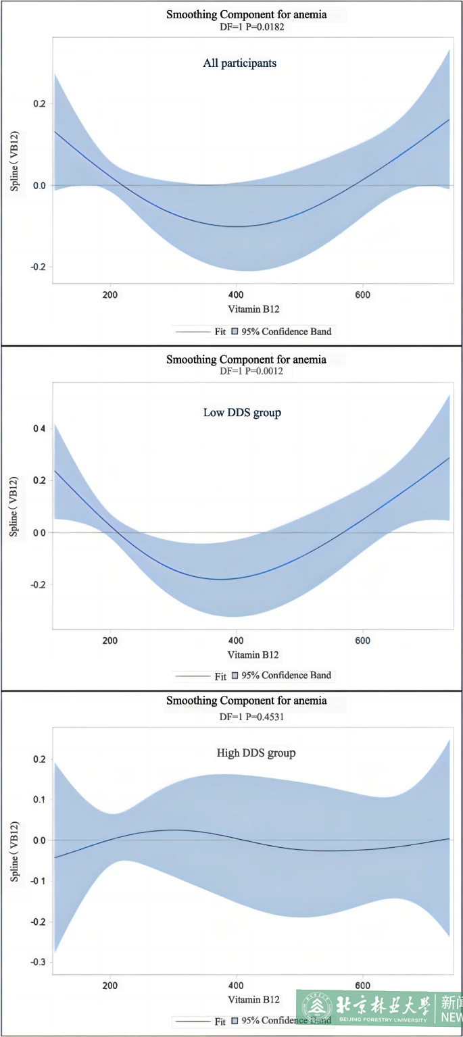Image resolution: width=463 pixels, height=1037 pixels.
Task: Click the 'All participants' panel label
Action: [x=239, y=64]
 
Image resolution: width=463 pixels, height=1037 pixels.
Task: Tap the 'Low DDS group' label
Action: [x=242, y=412]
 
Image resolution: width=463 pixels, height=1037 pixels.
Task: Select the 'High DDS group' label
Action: [x=255, y=753]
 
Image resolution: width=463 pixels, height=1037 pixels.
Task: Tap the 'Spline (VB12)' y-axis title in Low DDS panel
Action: [x=13, y=507]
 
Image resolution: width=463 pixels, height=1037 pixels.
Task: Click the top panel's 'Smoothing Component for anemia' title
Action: [x=246, y=14]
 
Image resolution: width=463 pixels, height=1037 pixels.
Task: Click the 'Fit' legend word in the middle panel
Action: [x=220, y=676]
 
